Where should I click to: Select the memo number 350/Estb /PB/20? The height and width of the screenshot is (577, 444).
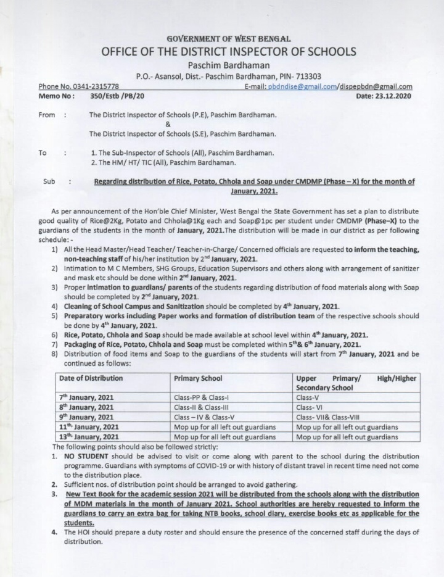click(117, 96)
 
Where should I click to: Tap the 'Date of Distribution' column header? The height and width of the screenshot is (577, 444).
click(91, 378)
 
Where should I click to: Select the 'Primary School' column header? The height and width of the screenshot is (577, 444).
click(198, 378)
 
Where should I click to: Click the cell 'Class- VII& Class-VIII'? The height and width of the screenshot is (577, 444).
click(327, 417)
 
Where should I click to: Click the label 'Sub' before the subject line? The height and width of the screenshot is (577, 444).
click(49, 181)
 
